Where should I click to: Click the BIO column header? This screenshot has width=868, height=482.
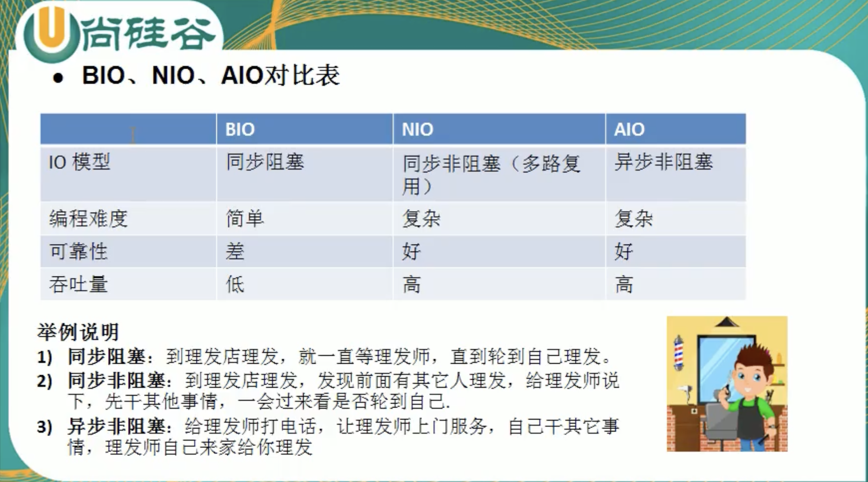click(240, 129)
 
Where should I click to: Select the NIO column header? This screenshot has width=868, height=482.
click(417, 129)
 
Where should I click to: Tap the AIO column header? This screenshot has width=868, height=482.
click(629, 129)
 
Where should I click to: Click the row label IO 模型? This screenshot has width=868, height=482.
click(79, 162)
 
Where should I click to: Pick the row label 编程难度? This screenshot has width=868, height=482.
click(88, 218)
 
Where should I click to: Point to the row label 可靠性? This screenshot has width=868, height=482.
click(78, 251)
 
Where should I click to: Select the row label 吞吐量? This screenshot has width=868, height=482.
click(78, 284)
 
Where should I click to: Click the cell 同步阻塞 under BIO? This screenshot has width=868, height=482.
click(265, 162)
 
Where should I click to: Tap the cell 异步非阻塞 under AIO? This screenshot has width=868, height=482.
click(664, 162)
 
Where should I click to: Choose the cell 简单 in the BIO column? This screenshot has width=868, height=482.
click(245, 218)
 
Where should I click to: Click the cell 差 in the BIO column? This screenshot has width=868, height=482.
click(235, 251)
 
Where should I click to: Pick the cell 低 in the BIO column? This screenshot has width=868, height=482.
click(235, 284)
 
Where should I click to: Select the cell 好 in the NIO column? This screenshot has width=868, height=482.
click(411, 251)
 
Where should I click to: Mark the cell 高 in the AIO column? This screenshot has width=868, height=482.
click(624, 284)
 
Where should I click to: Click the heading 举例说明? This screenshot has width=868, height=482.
click(78, 332)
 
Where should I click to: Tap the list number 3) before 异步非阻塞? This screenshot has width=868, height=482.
click(45, 427)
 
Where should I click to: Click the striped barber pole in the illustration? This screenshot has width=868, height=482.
click(678, 353)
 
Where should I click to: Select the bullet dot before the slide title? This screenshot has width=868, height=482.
click(58, 78)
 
